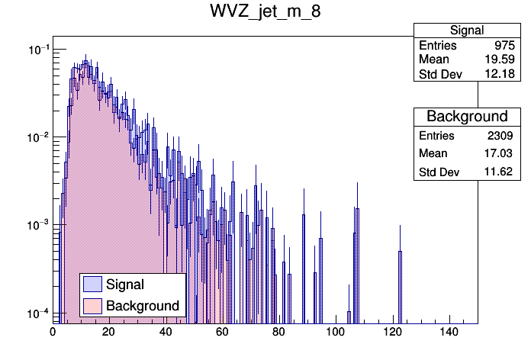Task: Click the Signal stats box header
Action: [466, 31]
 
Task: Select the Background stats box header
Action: [466, 116]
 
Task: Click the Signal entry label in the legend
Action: [125, 284]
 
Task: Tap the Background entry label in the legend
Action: [143, 306]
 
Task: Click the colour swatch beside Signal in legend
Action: [93, 284]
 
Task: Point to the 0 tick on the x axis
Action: [53, 332]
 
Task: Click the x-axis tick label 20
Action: [108, 332]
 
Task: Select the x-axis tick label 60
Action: [222, 332]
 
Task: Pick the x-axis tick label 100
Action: [336, 332]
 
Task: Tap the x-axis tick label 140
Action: [449, 332]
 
